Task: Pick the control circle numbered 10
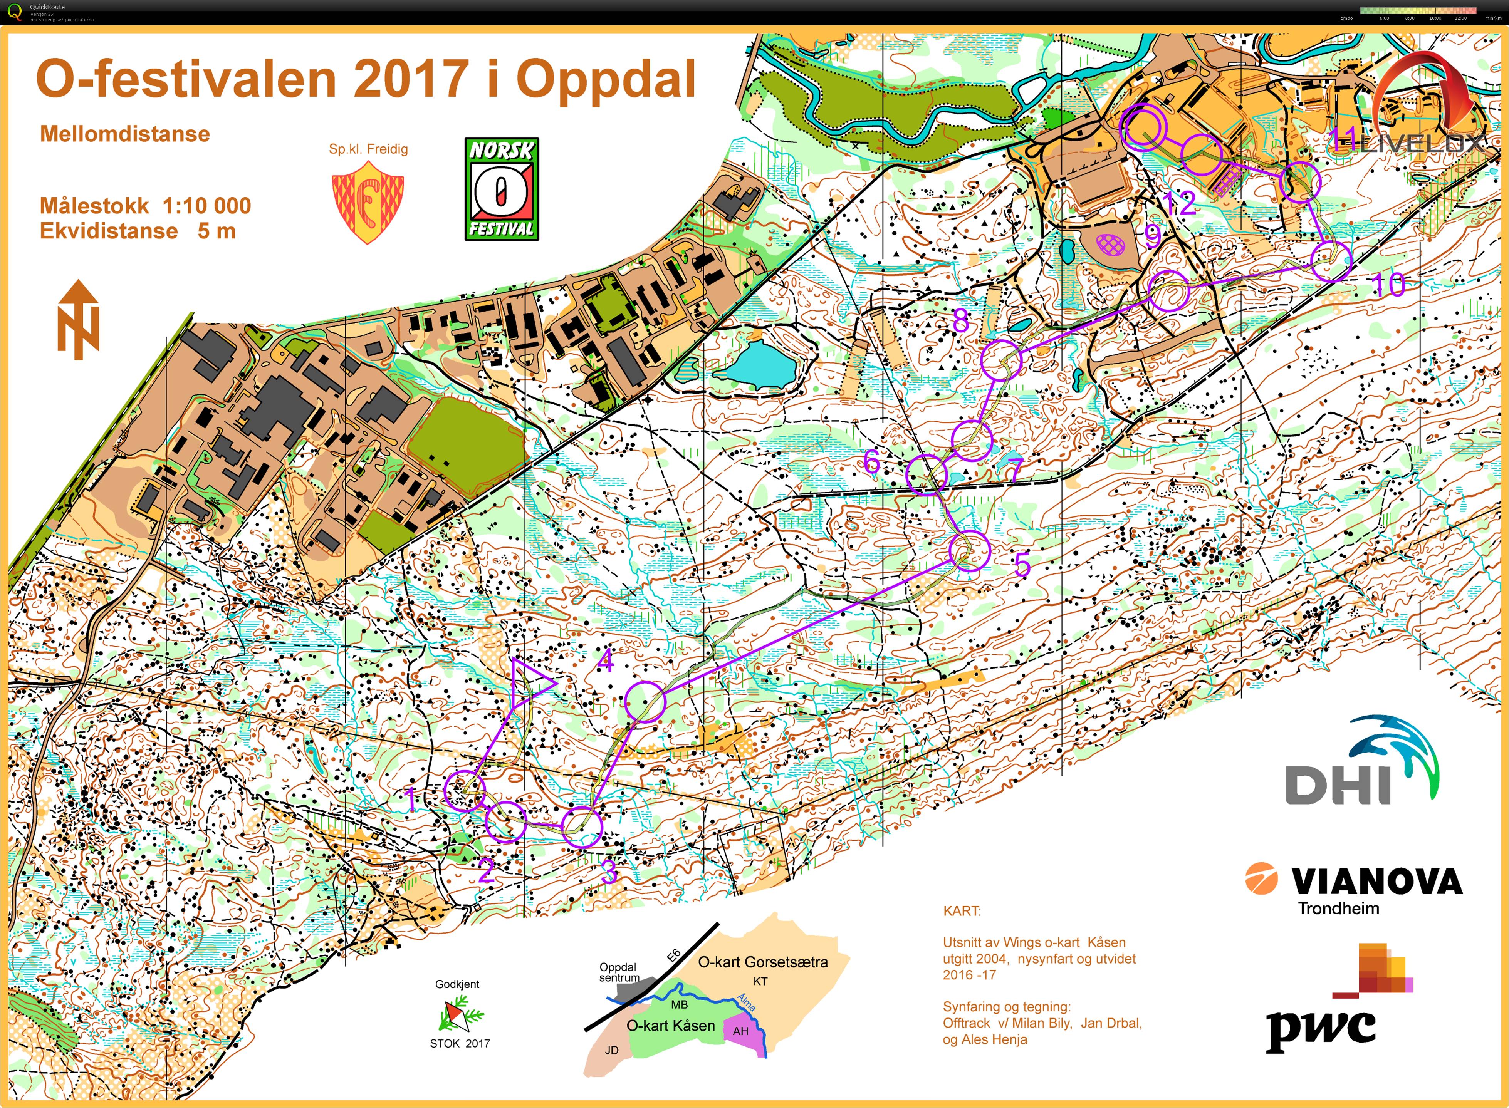coord(1331,261)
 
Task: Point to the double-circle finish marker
coord(1143,128)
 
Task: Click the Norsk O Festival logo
coord(502,189)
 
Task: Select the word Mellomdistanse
coord(125,134)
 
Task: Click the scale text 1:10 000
coord(206,205)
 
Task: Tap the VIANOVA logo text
coord(1375,881)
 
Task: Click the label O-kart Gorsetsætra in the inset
coord(763,962)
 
